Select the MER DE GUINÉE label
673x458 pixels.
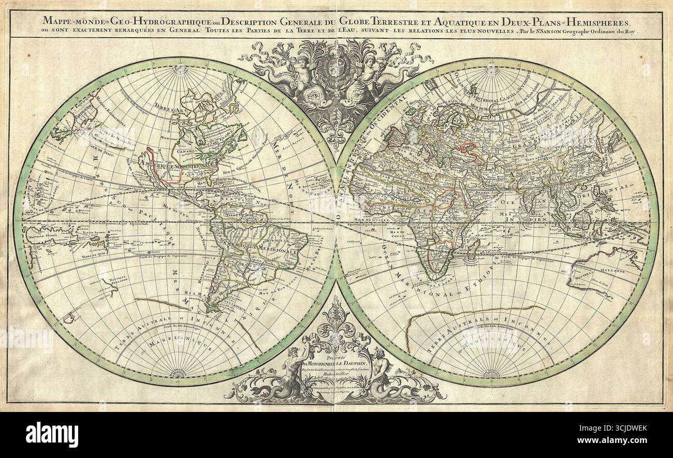point(380,220)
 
